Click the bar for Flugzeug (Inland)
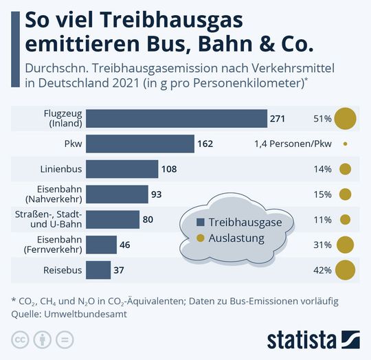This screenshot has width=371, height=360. pyautogui.click(x=177, y=119)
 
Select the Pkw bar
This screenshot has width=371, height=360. pyautogui.click(x=141, y=144)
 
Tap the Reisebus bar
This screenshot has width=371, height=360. pyautogui.click(x=99, y=270)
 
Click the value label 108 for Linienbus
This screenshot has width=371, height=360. pyautogui.click(x=169, y=169)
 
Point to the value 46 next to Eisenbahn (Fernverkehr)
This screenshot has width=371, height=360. pyautogui.click(x=124, y=245)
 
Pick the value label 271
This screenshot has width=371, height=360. pyautogui.click(x=277, y=119)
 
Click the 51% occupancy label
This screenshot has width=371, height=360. pyautogui.click(x=322, y=119)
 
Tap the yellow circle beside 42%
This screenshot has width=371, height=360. pyautogui.click(x=345, y=270)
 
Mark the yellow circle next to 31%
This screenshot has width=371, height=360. pyautogui.click(x=345, y=245)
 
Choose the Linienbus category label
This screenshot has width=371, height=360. pyautogui.click(x=62, y=169)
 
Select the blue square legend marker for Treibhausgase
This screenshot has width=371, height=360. pyautogui.click(x=201, y=223)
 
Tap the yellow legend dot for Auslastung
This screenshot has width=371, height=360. pyautogui.click(x=201, y=238)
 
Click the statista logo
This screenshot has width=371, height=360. pyautogui.click(x=311, y=339)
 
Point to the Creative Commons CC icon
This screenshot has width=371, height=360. pyautogui.click(x=19, y=339)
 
